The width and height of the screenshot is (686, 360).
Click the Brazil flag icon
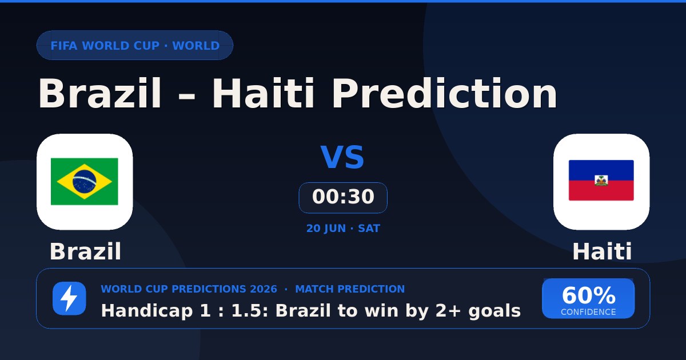(85, 182)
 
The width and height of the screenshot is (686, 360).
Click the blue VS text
(342, 157)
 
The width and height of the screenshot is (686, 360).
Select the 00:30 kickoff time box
(343, 198)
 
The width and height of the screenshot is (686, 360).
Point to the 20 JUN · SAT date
(343, 229)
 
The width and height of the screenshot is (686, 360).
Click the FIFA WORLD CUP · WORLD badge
(135, 45)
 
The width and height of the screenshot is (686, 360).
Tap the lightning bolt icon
(69, 298)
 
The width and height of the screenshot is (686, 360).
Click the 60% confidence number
(588, 295)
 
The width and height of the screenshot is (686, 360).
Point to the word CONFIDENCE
(588, 312)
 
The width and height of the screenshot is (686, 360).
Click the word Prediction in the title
(445, 93)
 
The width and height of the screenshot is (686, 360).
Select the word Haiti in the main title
(263, 93)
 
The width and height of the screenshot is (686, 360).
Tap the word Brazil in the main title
(99, 93)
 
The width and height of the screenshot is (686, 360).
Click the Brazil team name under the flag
(85, 251)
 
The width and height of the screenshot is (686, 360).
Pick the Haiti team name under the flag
(602, 251)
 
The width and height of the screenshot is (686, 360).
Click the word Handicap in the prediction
(147, 311)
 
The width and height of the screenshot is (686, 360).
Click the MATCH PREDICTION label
(350, 289)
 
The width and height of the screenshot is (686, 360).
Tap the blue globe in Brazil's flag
(84, 181)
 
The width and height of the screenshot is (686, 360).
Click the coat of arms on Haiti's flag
(601, 181)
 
